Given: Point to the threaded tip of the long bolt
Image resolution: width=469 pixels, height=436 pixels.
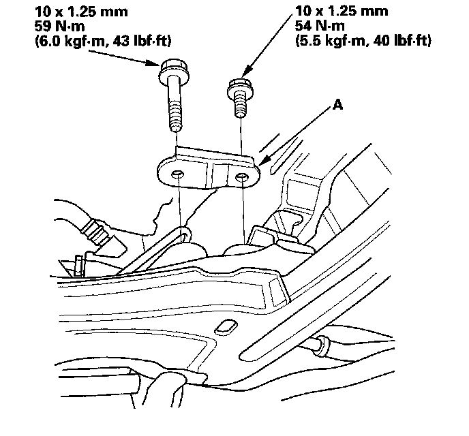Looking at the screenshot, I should click(175, 125).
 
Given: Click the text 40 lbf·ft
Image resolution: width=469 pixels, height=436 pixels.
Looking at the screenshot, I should click(398, 42).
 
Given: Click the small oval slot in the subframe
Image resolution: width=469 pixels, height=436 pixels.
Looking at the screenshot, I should click(224, 328).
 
